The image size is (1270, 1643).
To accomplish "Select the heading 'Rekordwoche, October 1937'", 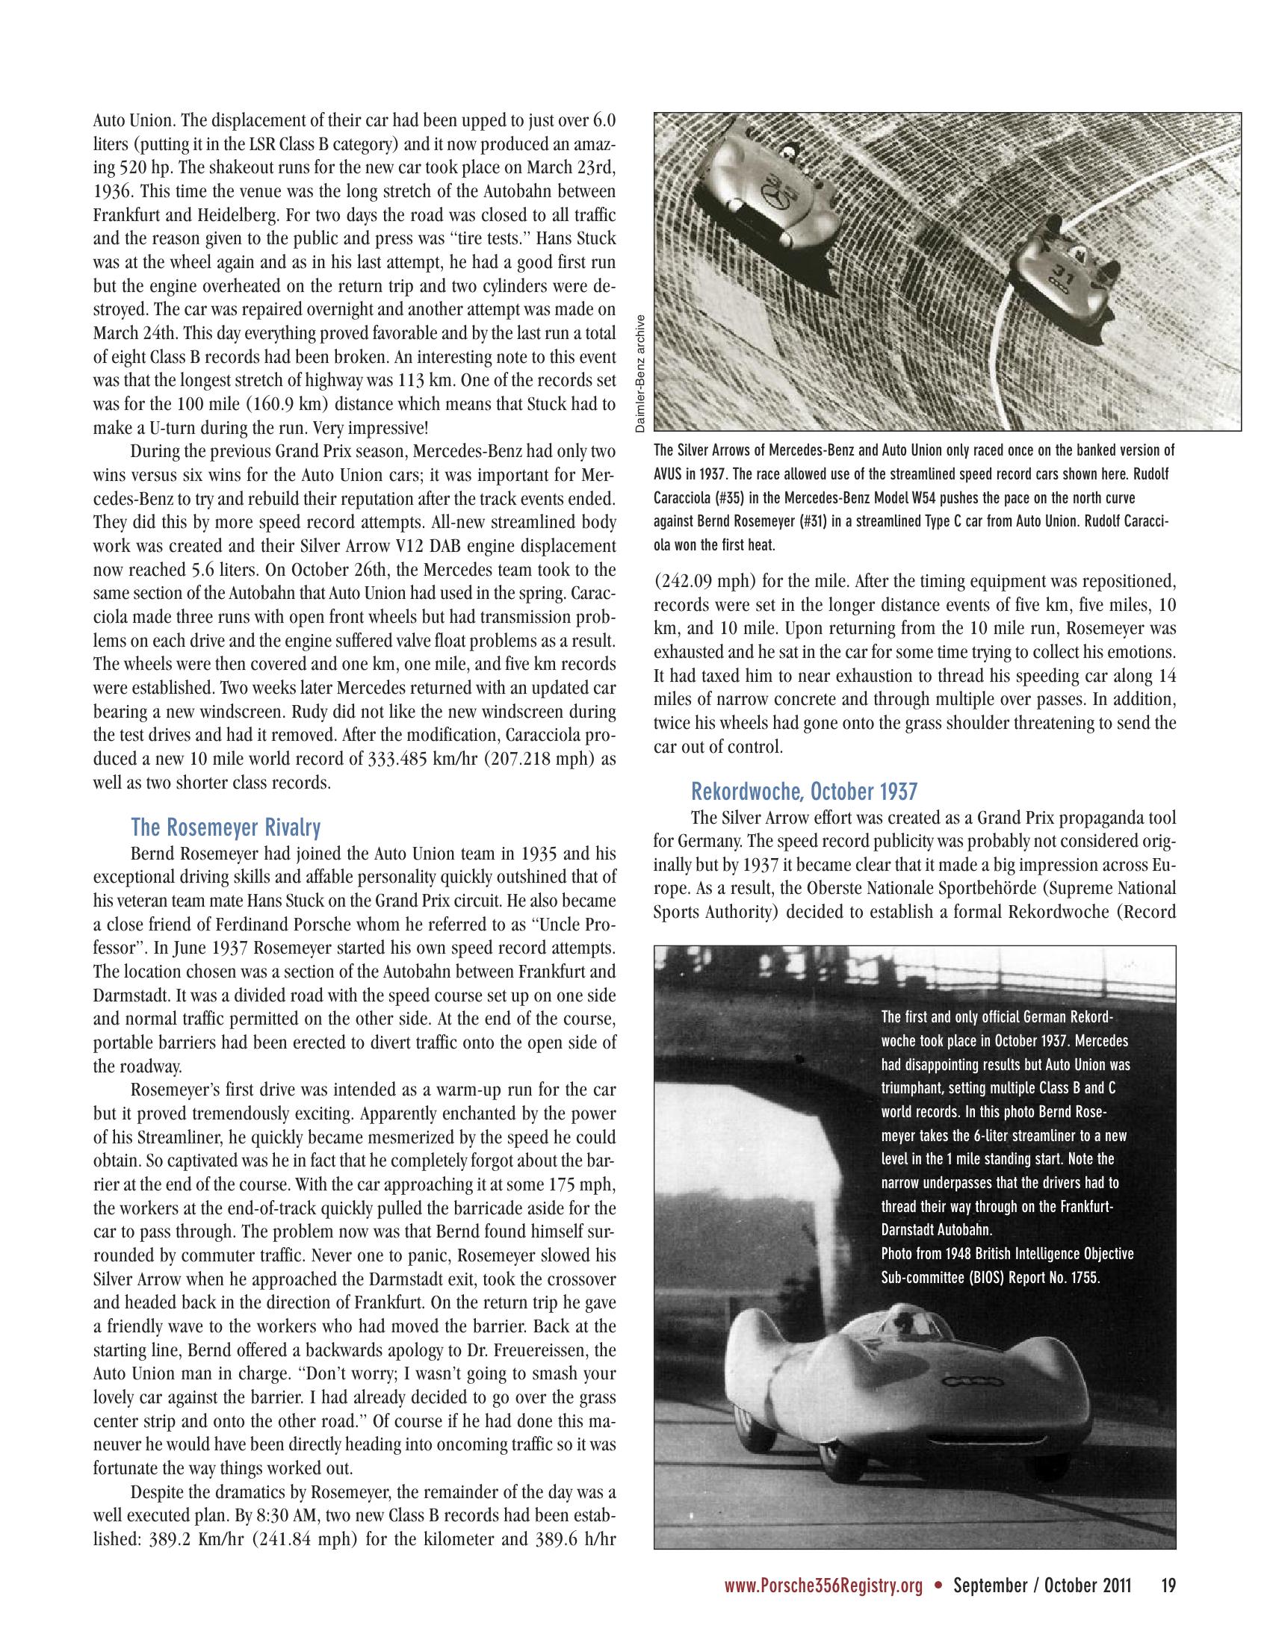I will pos(805,792).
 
